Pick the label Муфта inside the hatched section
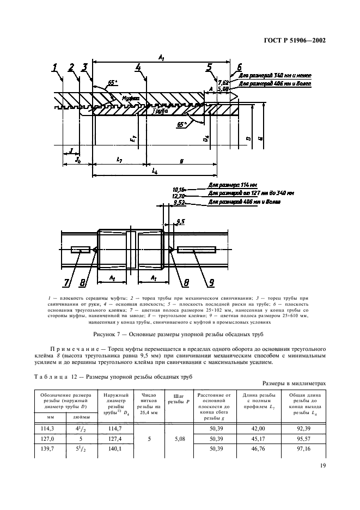pos(130,99)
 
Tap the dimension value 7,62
pos(223,83)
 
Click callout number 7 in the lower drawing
pos(66,283)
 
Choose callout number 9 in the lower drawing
pos(209,283)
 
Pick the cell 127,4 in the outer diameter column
pos(112,440)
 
